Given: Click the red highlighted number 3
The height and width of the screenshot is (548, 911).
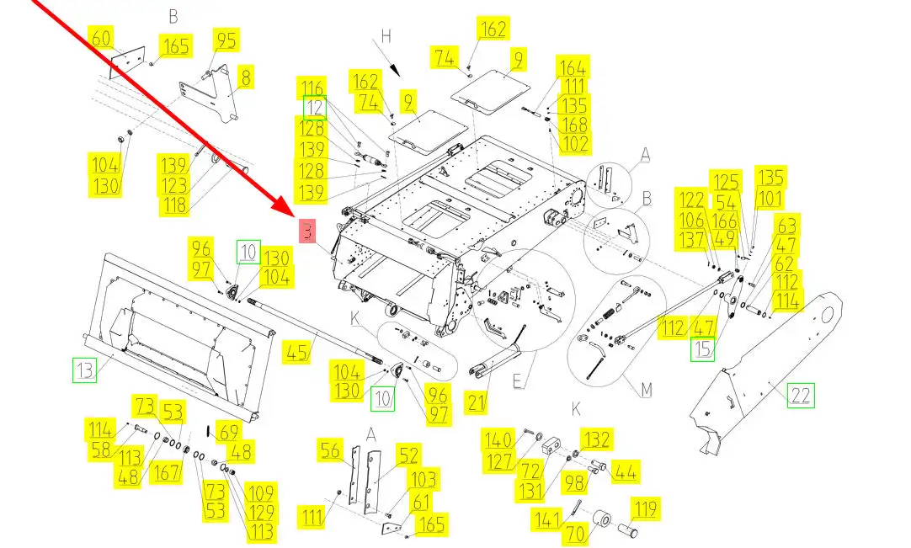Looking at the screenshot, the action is click(x=307, y=232).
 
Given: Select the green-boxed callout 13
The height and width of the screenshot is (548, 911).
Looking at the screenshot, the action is click(x=83, y=369).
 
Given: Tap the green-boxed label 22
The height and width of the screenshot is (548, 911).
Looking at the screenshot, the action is click(x=801, y=395).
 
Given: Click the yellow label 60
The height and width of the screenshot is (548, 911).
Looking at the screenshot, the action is click(x=100, y=39).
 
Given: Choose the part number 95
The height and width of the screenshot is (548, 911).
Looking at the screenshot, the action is click(x=226, y=40).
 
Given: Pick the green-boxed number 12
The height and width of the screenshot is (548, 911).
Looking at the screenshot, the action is click(x=314, y=108).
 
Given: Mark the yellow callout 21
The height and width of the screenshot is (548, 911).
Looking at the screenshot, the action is click(x=477, y=403).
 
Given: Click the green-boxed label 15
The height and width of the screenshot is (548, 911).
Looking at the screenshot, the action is click(x=702, y=348).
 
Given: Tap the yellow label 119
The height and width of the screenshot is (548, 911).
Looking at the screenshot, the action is click(x=646, y=508).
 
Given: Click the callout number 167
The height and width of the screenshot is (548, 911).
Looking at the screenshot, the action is click(x=166, y=471).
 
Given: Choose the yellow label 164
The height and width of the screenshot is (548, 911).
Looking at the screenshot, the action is click(x=573, y=67).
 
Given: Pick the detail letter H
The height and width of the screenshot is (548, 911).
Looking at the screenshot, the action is click(x=386, y=38).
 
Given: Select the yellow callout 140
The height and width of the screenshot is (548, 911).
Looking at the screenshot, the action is click(x=498, y=439).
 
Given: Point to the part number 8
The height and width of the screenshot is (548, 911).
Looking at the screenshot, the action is click(x=246, y=77).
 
